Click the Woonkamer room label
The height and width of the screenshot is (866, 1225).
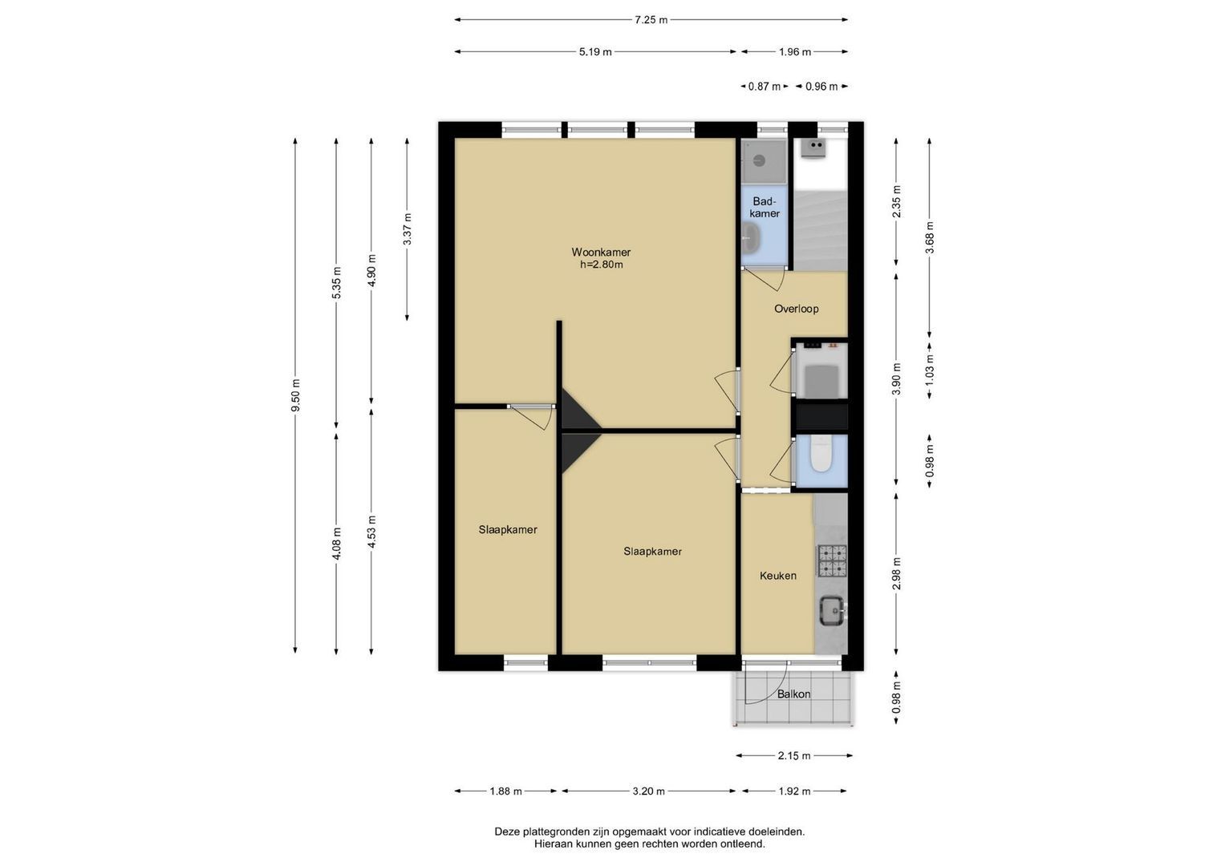pos(601,253)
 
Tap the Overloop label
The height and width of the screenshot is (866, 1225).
pos(797,309)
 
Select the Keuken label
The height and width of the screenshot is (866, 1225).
pos(777,576)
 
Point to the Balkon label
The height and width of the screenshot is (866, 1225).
pos(793,694)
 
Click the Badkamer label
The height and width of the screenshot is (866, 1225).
pos(765,207)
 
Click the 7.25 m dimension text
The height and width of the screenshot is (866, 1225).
pos(651,20)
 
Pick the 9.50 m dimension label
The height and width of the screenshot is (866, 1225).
pos(295,395)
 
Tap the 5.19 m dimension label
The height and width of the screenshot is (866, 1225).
pos(595,52)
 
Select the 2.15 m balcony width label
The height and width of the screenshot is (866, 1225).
pos(794,756)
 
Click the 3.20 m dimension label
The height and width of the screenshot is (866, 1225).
pos(648,791)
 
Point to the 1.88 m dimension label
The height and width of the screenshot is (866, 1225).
pos(506,791)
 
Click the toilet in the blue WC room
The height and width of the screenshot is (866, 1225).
pos(821,455)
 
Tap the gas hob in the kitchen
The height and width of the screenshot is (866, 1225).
pos(832,561)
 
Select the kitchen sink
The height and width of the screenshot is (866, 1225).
pos(833,609)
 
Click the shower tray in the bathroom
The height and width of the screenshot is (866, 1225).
pos(764,161)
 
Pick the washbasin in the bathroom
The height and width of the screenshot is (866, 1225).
pos(750,239)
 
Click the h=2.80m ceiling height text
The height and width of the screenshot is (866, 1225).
pos(602,265)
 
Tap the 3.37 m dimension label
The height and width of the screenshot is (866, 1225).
pos(408,229)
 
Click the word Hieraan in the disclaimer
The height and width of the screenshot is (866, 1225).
pos(554,844)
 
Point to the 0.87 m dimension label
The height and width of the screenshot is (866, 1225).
pos(765,87)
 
